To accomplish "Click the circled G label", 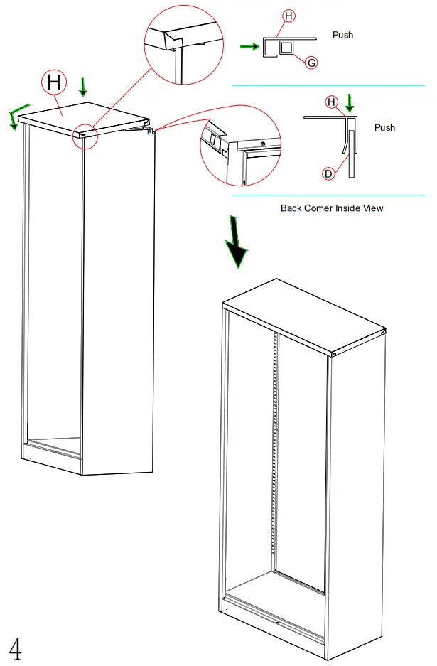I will (311, 63).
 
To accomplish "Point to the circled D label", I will (328, 173).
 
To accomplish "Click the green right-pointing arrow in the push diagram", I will (249, 47).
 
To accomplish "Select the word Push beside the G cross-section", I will (342, 35).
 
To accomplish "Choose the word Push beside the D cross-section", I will (384, 128).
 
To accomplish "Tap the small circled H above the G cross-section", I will (288, 15).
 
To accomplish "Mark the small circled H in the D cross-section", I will (331, 102).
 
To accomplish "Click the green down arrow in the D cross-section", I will (349, 102).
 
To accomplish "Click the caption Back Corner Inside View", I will (332, 208).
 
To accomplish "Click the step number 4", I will (15, 649).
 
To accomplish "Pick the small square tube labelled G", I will (286, 48).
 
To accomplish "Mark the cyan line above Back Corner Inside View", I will (328, 195).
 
